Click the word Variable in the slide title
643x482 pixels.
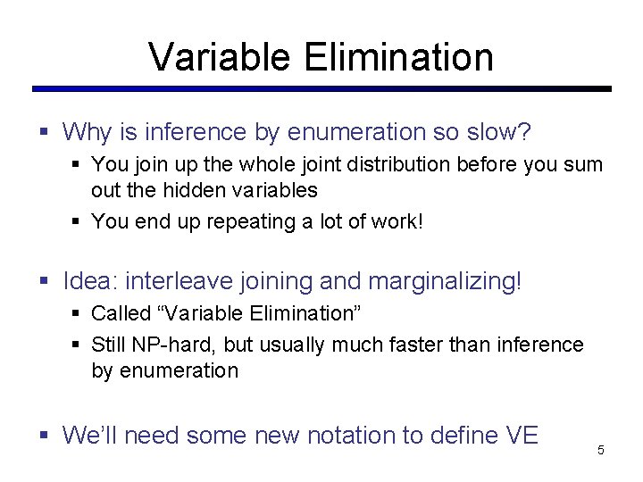[x=220, y=57]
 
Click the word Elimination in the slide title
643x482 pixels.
[x=398, y=57]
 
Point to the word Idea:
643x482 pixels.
[x=92, y=282]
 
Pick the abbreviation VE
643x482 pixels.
[x=522, y=436]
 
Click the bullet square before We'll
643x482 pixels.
[x=44, y=436]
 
